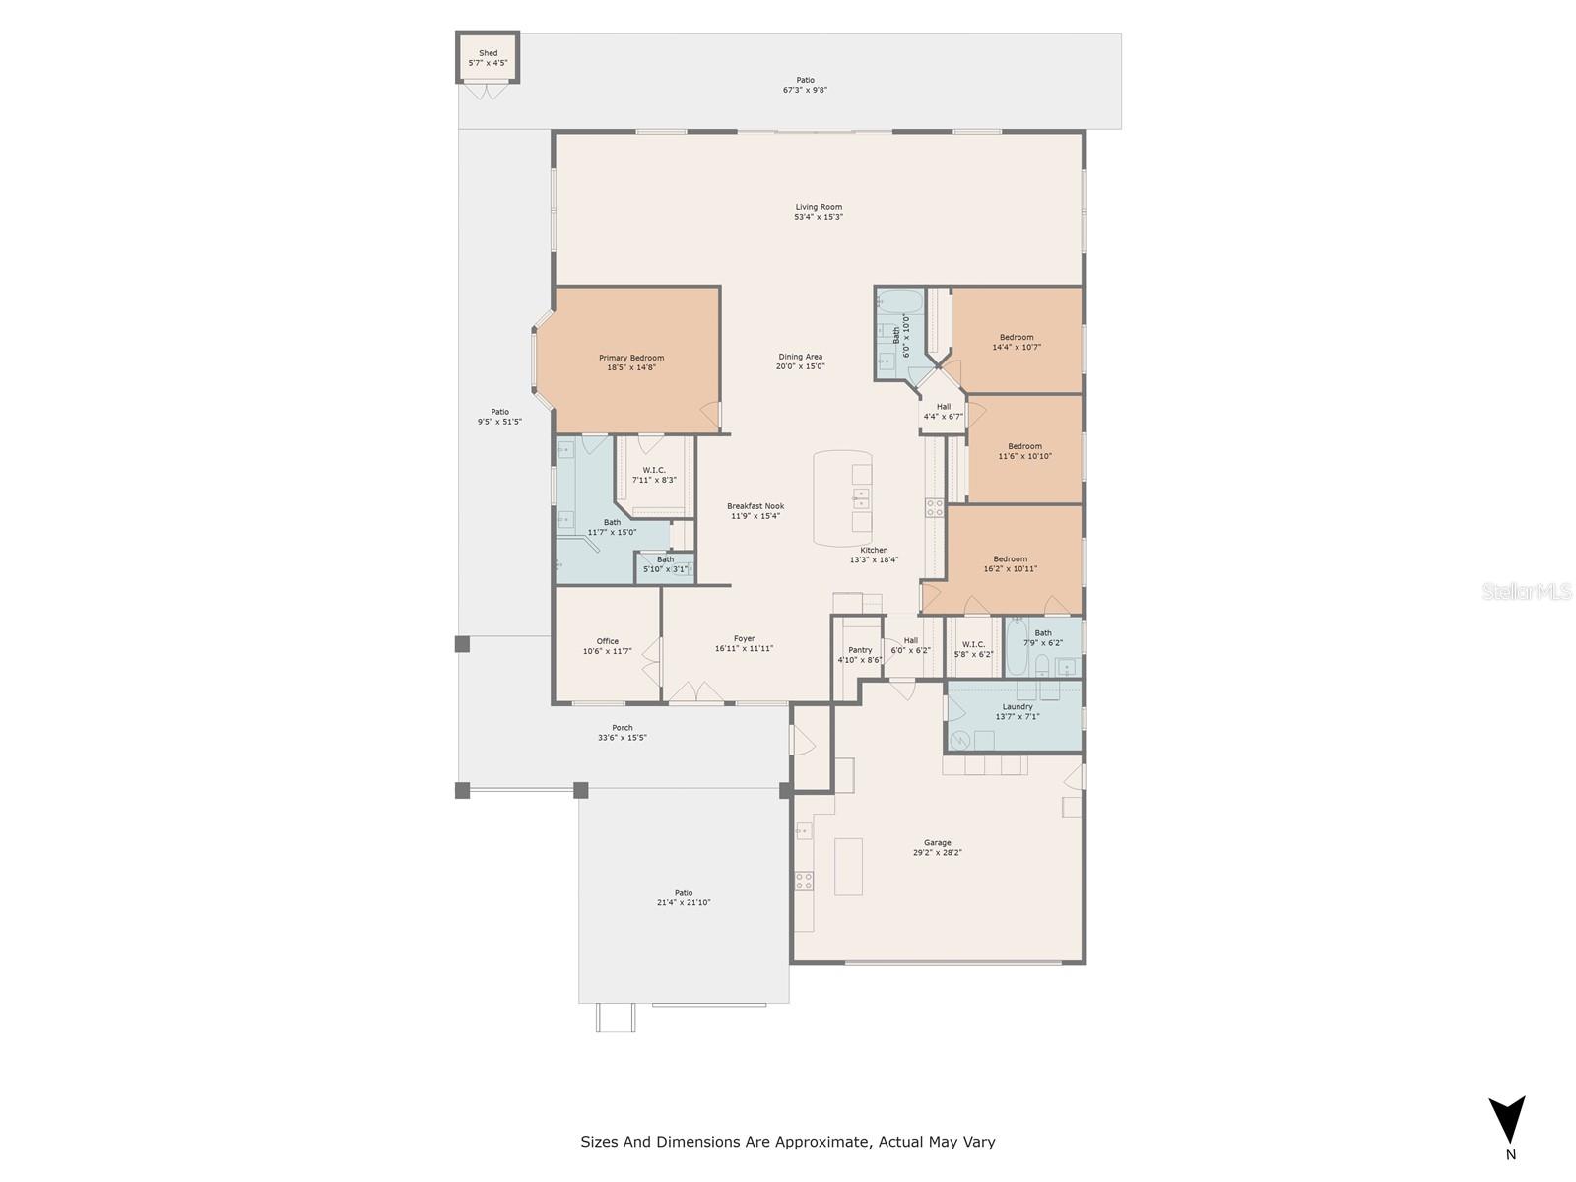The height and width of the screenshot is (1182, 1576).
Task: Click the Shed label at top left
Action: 488,53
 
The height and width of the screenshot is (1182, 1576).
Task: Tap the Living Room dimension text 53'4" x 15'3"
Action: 819,217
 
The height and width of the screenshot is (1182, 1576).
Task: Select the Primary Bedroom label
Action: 631,358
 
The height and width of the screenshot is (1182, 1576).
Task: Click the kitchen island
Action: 842,497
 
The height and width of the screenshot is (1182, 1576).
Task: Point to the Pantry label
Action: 860,650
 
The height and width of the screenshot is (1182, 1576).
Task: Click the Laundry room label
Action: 1018,706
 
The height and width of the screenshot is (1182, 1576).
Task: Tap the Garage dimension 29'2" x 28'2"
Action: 937,853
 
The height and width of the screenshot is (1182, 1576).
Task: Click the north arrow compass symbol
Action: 1507,1121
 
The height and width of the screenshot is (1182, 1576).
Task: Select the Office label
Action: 608,641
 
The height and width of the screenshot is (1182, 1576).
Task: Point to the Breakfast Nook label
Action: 755,506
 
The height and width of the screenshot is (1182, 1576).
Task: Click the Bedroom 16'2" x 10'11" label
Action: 1010,558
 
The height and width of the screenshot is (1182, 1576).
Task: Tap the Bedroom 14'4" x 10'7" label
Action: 1017,337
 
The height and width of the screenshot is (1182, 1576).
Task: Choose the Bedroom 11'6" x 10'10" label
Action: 1024,446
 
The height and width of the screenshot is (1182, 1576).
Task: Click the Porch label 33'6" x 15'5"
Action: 623,728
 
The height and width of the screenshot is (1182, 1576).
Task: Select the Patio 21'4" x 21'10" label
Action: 684,893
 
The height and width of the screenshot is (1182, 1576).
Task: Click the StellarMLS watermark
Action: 1527,591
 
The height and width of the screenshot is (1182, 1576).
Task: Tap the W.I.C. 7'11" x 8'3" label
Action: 654,470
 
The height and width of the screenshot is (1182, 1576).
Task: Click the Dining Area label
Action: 800,357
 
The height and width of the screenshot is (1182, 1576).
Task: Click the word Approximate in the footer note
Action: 821,1142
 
